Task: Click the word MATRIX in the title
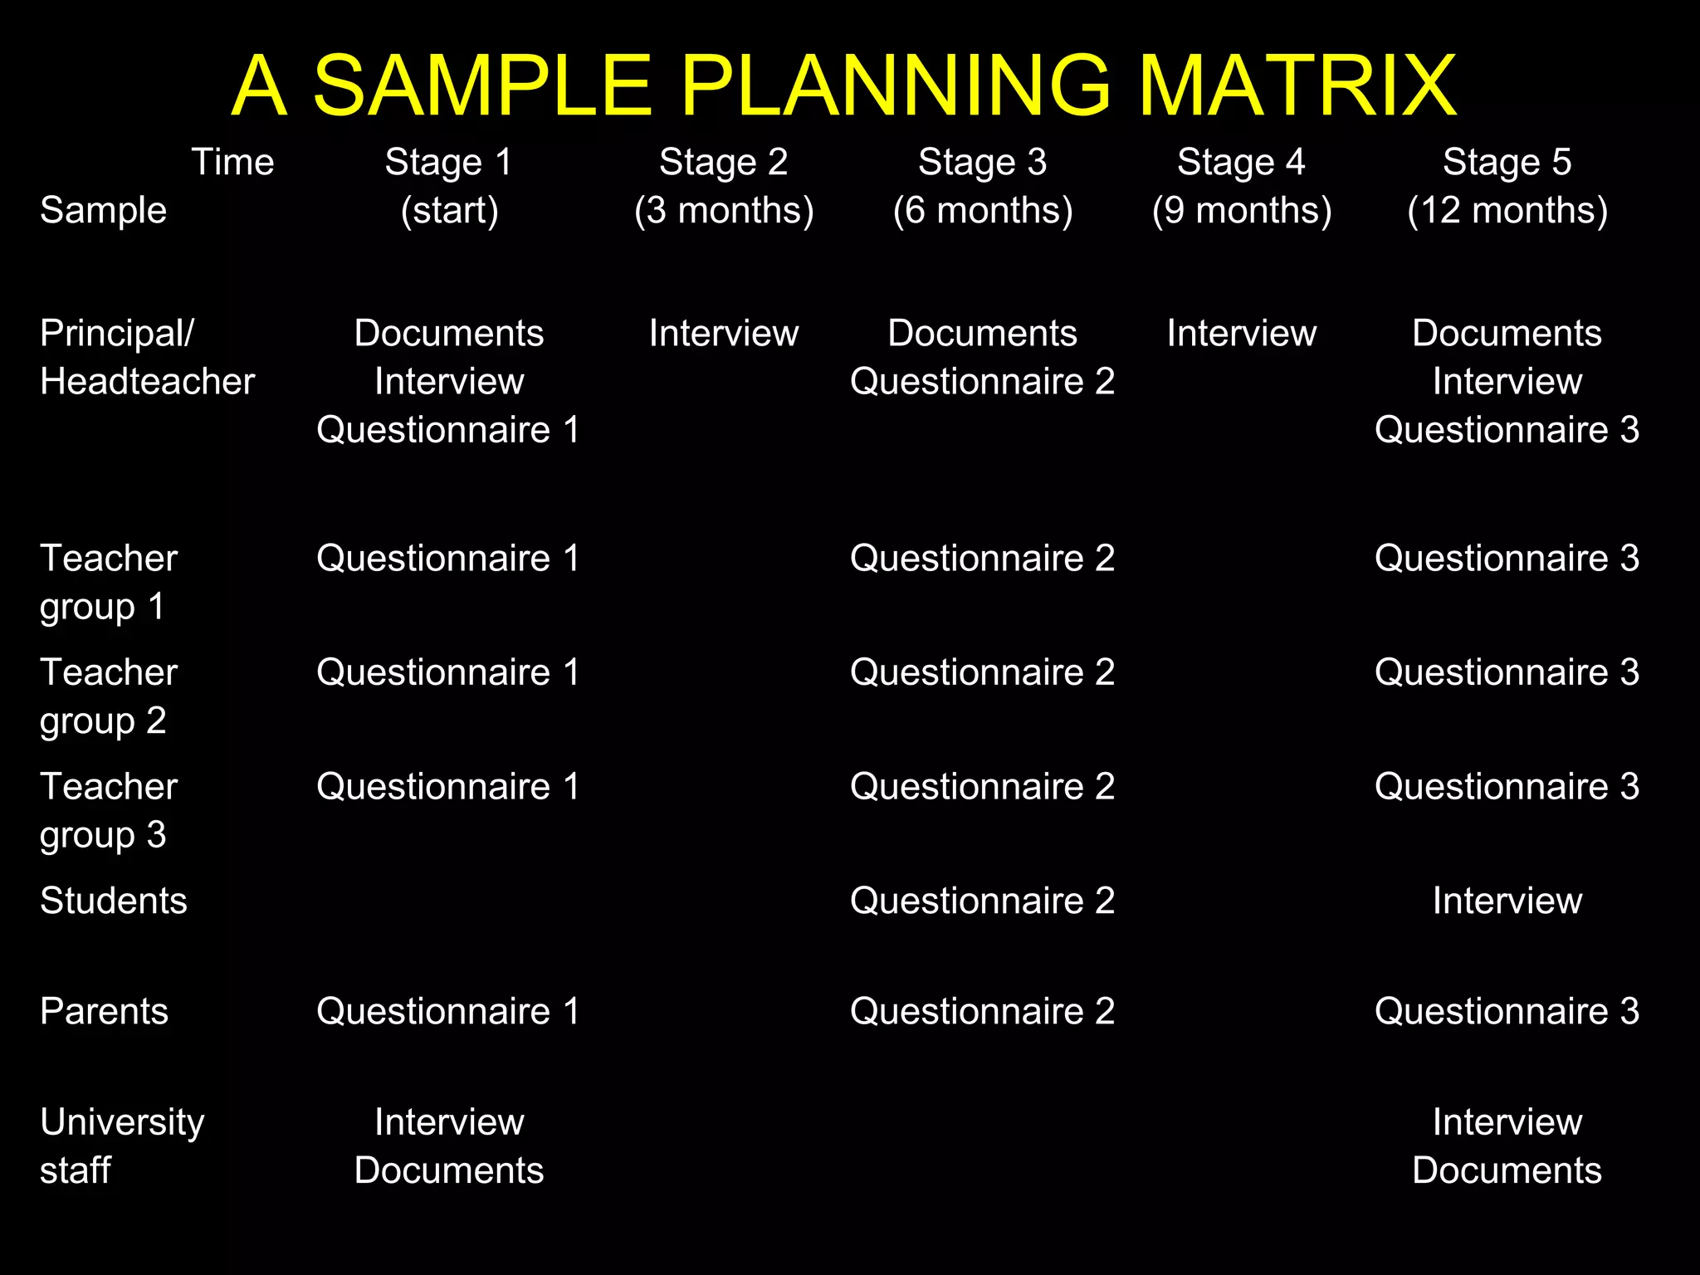pyautogui.click(x=1296, y=85)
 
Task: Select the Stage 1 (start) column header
pyautogui.click(x=449, y=186)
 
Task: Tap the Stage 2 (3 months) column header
pyautogui.click(x=724, y=186)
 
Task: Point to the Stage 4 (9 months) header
pyautogui.click(x=1242, y=186)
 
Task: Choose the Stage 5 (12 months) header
pyautogui.click(x=1507, y=186)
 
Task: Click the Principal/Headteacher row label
pyautogui.click(x=147, y=357)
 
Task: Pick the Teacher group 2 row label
pyautogui.click(x=108, y=696)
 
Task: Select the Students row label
pyautogui.click(x=114, y=901)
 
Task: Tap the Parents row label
pyautogui.click(x=104, y=1011)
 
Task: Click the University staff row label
pyautogui.click(x=122, y=1146)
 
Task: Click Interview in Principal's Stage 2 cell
pyautogui.click(x=724, y=334)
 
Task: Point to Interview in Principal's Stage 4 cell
pyautogui.click(x=1242, y=334)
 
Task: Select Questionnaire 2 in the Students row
pyautogui.click(x=982, y=901)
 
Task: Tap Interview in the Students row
pyautogui.click(x=1507, y=901)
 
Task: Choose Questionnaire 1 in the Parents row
pyautogui.click(x=448, y=1011)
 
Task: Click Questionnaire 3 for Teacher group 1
pyautogui.click(x=1507, y=558)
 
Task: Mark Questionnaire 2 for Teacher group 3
pyautogui.click(x=982, y=786)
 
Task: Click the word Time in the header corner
pyautogui.click(x=232, y=162)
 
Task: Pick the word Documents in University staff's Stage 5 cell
pyautogui.click(x=1507, y=1170)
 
